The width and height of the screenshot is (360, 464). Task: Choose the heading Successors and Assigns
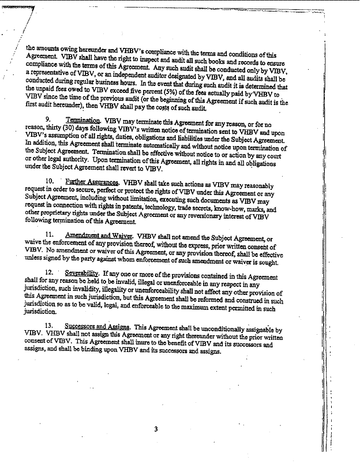(x=97, y=325)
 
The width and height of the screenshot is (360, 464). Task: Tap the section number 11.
(x=50, y=235)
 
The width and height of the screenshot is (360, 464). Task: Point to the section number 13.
(x=49, y=325)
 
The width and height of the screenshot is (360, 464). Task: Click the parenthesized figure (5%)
(x=174, y=93)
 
